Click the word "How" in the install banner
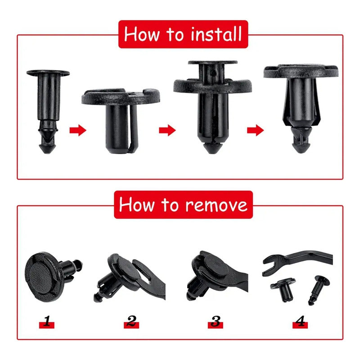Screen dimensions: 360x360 coord(144,34)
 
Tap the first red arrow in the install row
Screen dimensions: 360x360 coord(77,130)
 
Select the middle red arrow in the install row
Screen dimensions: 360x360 coord(167,130)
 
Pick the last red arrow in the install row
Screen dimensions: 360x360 coord(255,130)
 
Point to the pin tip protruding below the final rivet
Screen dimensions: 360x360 coord(301,144)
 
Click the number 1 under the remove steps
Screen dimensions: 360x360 coord(47,321)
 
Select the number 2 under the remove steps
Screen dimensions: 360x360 coord(131,321)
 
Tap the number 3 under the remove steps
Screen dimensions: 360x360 coord(216,321)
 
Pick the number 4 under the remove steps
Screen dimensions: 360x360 coord(300,321)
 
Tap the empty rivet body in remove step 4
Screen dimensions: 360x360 coord(283,290)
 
